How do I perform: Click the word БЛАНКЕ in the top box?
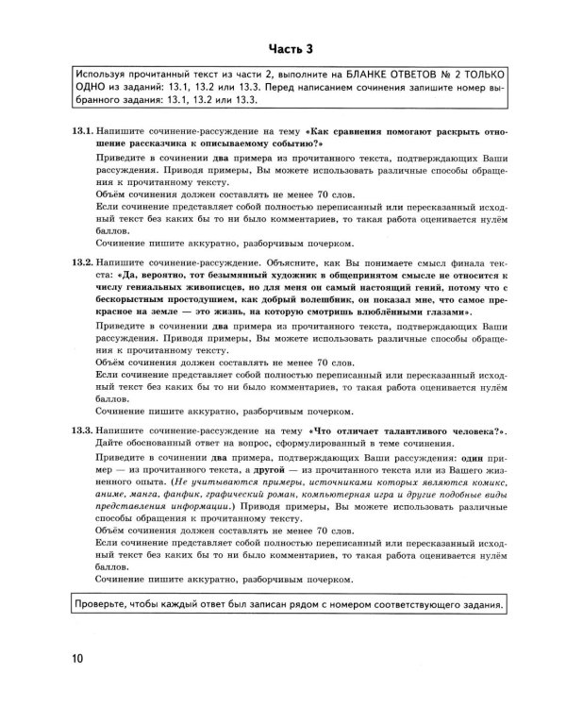coord(340,74)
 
